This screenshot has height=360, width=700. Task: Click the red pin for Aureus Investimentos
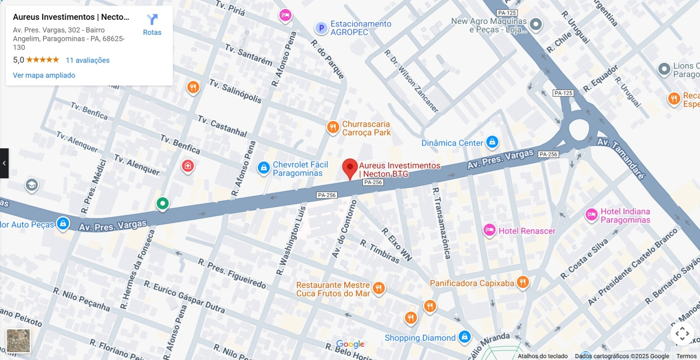click(350, 168)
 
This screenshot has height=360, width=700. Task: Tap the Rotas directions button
click(152, 25)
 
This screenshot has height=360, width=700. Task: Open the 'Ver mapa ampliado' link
click(44, 75)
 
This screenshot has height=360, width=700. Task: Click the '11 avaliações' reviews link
click(88, 60)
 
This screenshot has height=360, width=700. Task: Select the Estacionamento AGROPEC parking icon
click(321, 28)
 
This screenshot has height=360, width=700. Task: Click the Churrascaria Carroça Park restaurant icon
click(333, 127)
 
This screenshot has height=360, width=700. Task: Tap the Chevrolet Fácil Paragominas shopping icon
click(263, 169)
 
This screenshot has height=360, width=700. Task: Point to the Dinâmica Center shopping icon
click(492, 142)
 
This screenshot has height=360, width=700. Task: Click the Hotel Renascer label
click(527, 231)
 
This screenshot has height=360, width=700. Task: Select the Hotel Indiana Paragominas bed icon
click(591, 214)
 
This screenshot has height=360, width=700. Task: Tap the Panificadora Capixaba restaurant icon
click(523, 283)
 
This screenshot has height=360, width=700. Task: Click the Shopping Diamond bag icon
click(464, 337)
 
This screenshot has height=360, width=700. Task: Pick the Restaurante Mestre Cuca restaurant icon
click(378, 289)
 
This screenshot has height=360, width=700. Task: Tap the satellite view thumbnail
click(18, 341)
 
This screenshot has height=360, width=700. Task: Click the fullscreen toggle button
click(682, 334)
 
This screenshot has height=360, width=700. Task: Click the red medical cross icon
click(188, 166)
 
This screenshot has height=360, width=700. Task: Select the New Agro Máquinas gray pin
click(536, 25)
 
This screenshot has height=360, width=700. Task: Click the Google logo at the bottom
click(350, 344)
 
